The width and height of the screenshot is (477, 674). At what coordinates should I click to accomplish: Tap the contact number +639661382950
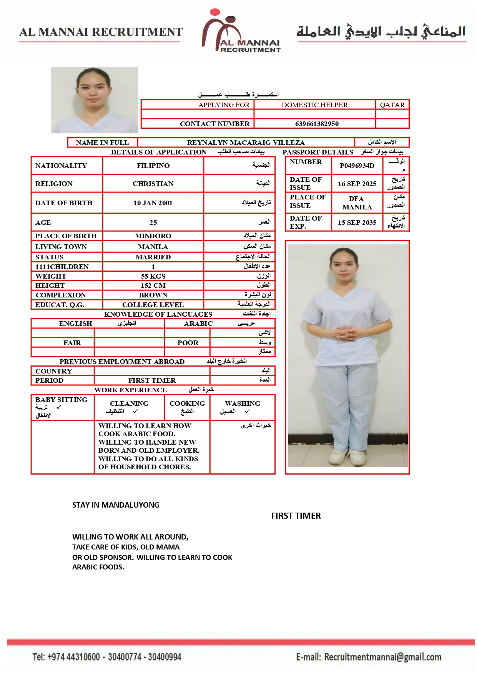(x=314, y=124)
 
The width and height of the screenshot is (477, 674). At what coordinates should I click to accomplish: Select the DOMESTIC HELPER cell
(x=314, y=105)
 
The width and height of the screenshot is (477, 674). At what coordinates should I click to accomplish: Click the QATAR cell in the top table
(x=392, y=105)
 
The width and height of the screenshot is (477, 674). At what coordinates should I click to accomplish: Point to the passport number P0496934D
(x=357, y=166)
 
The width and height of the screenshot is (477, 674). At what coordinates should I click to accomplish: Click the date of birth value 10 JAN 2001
(x=153, y=203)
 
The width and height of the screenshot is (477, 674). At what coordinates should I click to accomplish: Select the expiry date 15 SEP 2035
(x=357, y=222)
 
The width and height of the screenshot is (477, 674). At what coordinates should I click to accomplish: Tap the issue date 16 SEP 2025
(x=357, y=184)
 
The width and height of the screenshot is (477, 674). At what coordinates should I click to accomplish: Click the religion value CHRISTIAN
(x=153, y=184)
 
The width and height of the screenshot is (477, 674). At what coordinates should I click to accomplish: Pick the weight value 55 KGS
(x=153, y=276)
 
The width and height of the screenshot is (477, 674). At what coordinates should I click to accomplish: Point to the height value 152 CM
(x=153, y=286)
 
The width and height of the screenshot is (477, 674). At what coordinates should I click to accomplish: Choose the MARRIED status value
(x=153, y=257)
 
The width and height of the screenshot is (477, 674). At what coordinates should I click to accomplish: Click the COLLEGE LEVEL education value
(x=153, y=305)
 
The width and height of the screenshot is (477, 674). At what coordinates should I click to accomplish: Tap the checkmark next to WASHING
(x=247, y=412)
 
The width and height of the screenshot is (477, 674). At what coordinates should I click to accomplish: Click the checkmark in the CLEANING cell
(x=135, y=412)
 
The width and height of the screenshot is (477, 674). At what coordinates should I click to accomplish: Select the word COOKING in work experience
(x=187, y=403)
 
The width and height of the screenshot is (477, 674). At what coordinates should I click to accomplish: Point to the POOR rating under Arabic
(x=188, y=343)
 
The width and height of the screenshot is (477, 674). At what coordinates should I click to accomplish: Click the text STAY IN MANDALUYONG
(x=116, y=505)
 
